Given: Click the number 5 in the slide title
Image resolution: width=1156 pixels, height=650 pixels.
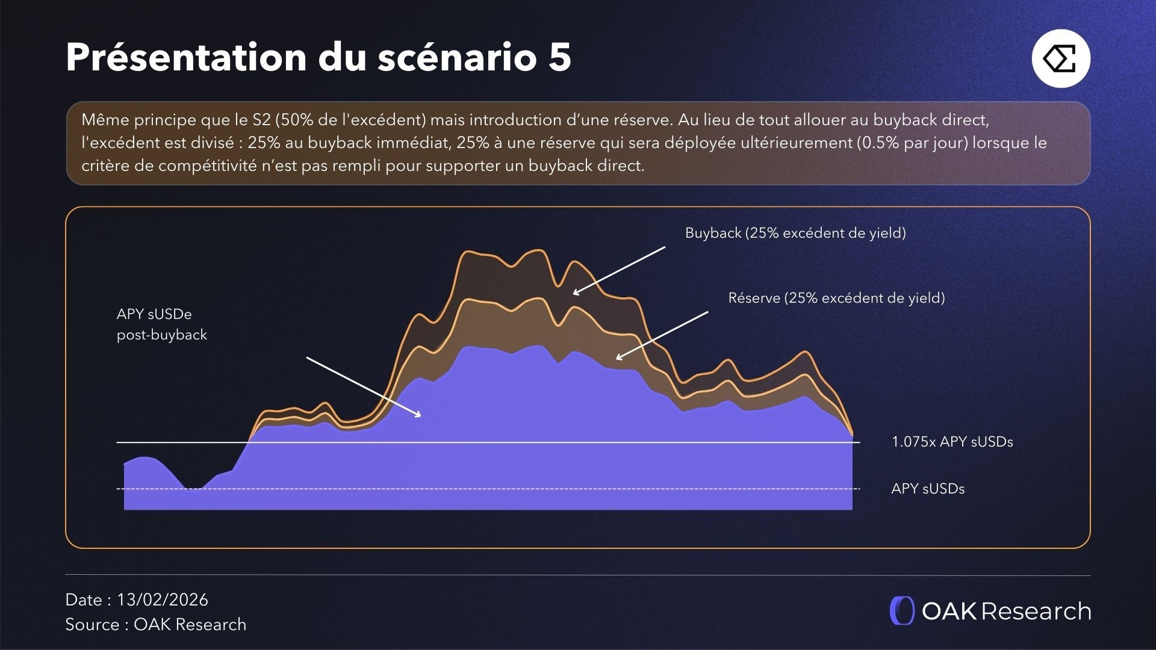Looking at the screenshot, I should pyautogui.click(x=559, y=58).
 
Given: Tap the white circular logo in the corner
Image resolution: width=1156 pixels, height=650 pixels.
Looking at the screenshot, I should pyautogui.click(x=1061, y=58).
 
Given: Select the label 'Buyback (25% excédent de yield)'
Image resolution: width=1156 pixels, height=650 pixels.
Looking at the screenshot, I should pyautogui.click(x=795, y=233).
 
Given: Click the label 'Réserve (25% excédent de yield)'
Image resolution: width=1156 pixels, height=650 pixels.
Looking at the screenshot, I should pyautogui.click(x=836, y=298).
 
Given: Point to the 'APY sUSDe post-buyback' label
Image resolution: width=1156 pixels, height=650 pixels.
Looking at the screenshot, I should pyautogui.click(x=161, y=324).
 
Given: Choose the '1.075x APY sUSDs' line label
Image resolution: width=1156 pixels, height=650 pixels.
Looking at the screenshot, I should pyautogui.click(x=952, y=442).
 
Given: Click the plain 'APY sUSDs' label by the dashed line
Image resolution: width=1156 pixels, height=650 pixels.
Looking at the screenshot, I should pyautogui.click(x=928, y=489).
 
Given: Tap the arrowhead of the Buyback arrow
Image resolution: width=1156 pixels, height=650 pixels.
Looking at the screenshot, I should pyautogui.click(x=575, y=293).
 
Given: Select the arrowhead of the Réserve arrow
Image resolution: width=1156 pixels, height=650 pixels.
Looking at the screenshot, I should pyautogui.click(x=618, y=358).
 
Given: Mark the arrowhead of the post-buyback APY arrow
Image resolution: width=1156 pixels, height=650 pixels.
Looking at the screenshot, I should pyautogui.click(x=419, y=415).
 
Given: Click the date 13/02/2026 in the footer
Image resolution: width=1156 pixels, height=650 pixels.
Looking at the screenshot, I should pyautogui.click(x=163, y=599).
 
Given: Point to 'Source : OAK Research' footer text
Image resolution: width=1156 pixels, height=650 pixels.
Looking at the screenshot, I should pyautogui.click(x=155, y=624).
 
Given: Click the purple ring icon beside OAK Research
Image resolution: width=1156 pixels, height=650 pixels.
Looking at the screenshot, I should pyautogui.click(x=902, y=611).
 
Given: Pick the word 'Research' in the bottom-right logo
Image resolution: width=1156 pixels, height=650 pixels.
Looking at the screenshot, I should pyautogui.click(x=1036, y=611).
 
